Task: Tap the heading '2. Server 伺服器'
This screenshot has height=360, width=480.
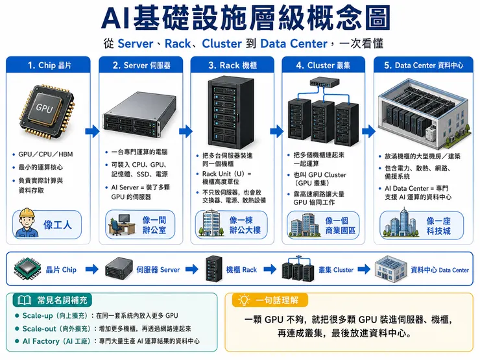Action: [141, 66]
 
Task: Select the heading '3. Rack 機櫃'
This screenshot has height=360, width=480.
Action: [232, 66]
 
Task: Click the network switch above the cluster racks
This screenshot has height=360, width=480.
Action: [324, 82]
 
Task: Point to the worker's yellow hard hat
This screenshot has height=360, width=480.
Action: [27, 213]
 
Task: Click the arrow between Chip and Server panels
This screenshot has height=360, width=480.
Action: [92, 131]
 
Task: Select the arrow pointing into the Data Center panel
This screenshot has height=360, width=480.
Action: [368, 131]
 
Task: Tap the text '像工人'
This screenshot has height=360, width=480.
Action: [57, 225]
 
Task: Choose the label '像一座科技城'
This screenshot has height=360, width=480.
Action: [438, 226]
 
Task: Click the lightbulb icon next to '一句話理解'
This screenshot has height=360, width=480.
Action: [244, 300]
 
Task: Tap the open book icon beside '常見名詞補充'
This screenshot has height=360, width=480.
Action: [24, 300]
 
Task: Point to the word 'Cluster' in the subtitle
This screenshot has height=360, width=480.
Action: [222, 43]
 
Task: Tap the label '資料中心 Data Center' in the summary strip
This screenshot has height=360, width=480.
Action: [440, 270]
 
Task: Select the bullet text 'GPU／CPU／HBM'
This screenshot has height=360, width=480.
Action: [45, 154]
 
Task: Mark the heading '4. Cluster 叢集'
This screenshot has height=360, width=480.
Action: [323, 66]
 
